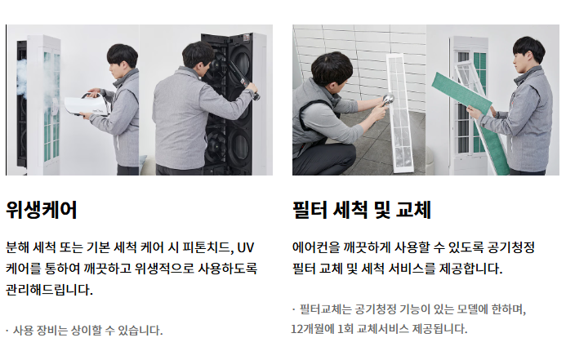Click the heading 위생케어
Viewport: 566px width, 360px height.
(x=41, y=210)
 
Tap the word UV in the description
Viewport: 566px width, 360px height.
(x=246, y=247)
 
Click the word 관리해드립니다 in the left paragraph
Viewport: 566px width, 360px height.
(x=49, y=289)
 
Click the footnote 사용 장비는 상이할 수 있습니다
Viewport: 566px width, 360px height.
(x=87, y=330)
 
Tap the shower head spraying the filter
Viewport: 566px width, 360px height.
(x=388, y=100)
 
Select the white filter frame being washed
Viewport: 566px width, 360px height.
(x=399, y=113)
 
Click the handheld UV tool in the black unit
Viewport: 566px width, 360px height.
(x=243, y=78)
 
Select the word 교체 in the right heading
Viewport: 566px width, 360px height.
(x=413, y=210)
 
